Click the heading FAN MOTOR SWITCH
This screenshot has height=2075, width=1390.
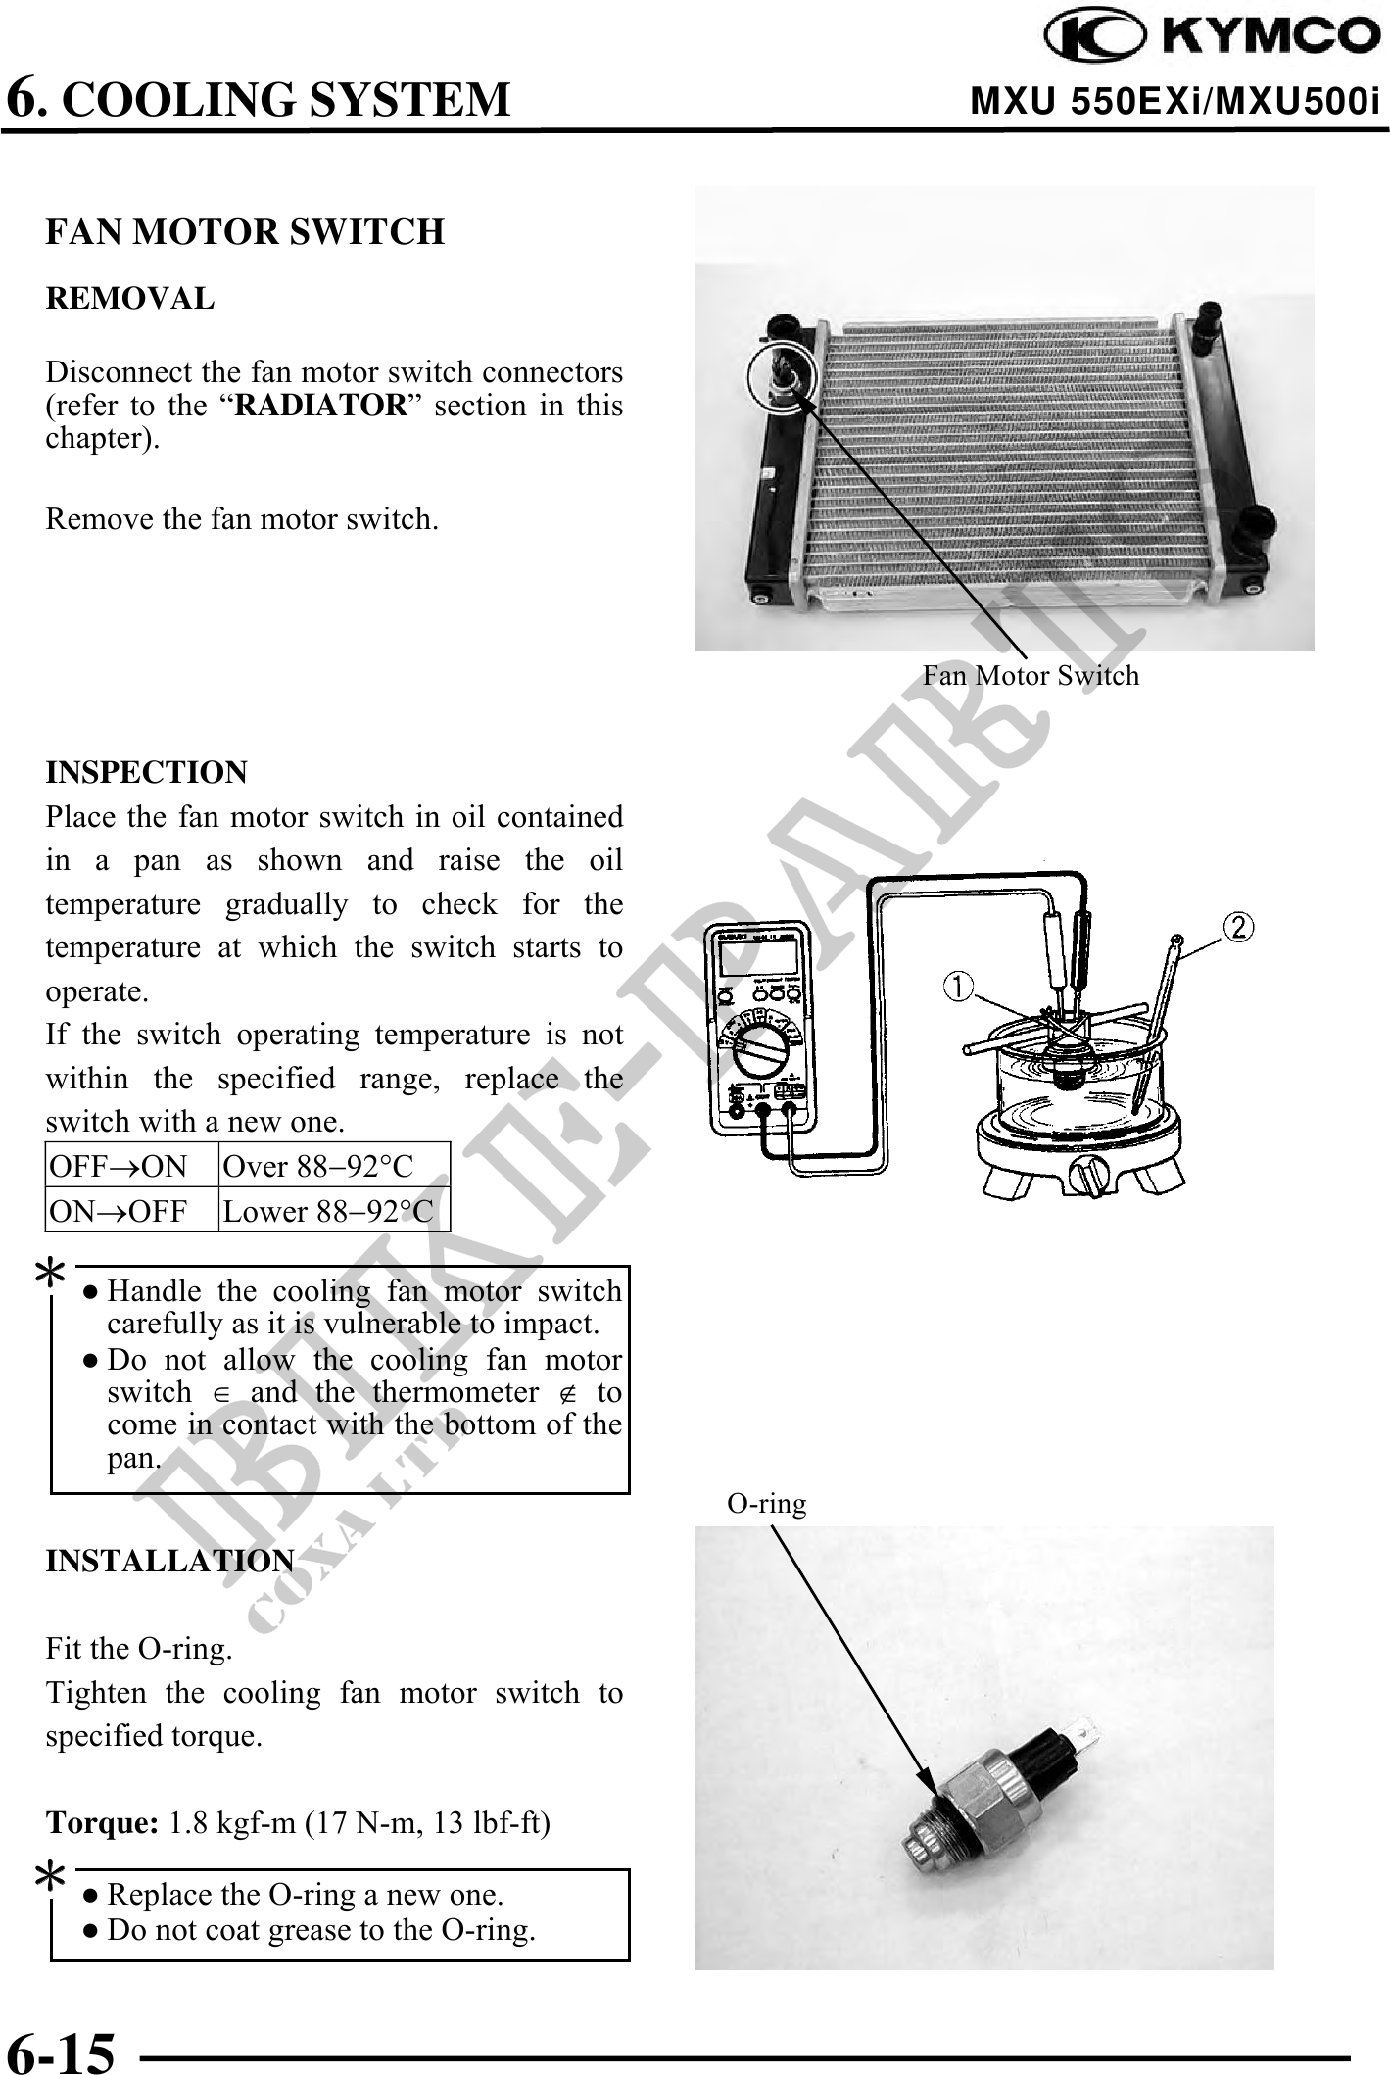click(245, 232)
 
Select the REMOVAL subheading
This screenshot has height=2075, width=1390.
click(129, 298)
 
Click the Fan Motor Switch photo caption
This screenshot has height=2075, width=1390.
click(1031, 675)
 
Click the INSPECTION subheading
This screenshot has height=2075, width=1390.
click(147, 772)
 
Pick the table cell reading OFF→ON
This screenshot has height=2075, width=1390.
click(119, 1166)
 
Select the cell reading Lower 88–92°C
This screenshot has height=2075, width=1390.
click(327, 1212)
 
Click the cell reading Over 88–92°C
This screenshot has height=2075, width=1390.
click(318, 1166)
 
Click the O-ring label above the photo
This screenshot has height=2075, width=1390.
click(766, 1504)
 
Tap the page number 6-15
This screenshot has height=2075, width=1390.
click(61, 2051)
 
